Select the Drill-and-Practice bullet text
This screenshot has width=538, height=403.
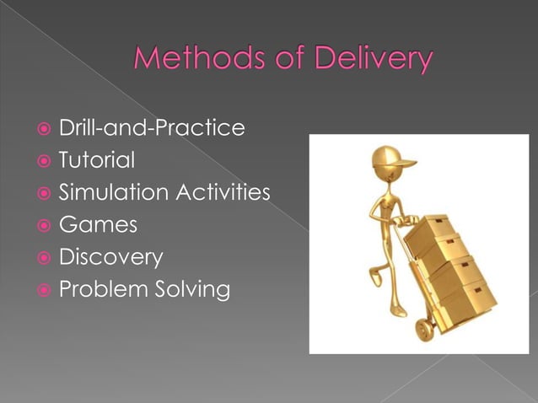click(152, 128)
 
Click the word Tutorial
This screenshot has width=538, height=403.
click(97, 160)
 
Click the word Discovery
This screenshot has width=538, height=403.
click(110, 258)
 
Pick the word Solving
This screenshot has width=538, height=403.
click(194, 290)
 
